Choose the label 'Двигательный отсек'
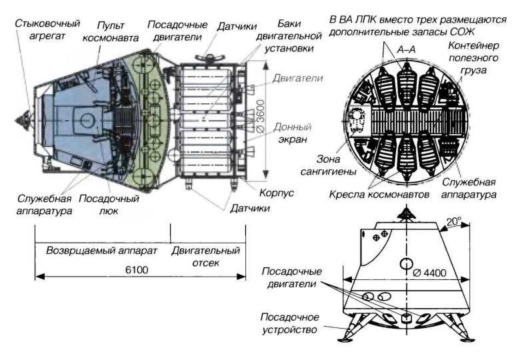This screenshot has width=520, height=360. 205,257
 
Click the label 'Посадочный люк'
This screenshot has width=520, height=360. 109,204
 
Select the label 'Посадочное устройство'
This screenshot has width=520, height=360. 291,322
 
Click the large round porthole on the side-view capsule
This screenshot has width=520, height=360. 405,262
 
